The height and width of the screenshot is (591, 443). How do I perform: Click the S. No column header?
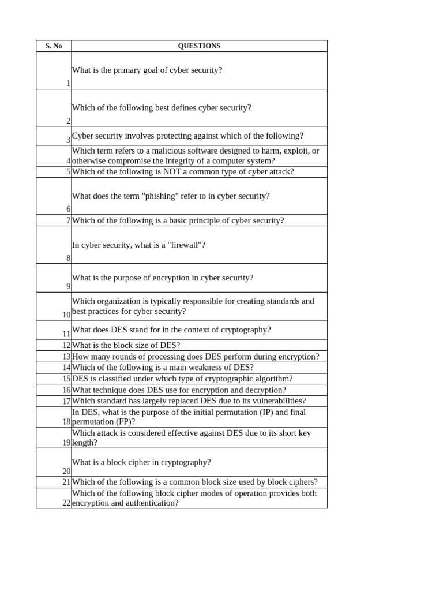point(54,46)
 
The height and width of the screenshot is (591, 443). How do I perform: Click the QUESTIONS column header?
point(199,46)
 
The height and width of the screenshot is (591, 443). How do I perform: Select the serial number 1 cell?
point(68,83)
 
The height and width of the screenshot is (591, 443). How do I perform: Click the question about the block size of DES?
point(126,346)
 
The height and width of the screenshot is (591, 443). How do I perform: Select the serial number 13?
point(66,357)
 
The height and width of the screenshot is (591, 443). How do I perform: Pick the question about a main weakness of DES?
point(163,368)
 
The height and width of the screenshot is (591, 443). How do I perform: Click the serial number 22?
point(66,503)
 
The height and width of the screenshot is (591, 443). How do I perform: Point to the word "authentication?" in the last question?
point(150,503)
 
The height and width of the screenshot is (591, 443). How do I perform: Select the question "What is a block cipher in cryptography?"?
point(141,462)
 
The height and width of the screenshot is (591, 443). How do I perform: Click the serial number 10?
point(66,315)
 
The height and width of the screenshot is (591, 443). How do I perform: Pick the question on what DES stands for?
point(171,330)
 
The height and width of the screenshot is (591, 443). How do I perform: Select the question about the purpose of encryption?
point(163,278)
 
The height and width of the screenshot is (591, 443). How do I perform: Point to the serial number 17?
point(66,401)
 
